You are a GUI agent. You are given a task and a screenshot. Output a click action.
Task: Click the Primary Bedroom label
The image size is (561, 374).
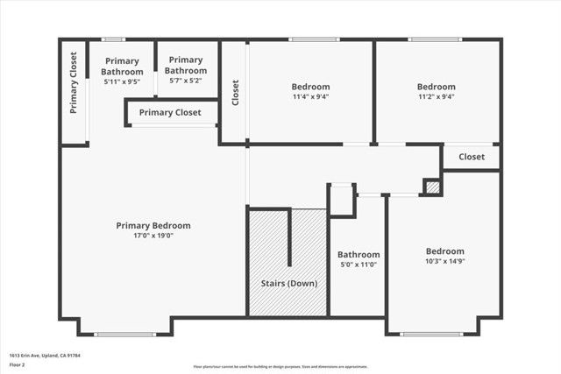point(153,225)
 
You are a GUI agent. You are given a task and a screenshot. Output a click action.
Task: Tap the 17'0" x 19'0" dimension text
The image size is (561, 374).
point(153,236)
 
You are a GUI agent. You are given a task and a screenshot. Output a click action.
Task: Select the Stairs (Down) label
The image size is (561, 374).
point(289,283)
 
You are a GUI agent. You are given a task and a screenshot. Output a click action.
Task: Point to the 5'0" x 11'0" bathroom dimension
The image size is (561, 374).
point(359,265)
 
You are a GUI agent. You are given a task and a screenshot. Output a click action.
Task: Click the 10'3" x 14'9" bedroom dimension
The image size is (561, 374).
point(445,261)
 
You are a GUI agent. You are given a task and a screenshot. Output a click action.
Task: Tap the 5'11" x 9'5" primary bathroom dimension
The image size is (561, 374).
point(122,81)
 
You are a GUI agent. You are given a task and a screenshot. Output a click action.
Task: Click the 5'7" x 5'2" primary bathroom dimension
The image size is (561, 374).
point(186,81)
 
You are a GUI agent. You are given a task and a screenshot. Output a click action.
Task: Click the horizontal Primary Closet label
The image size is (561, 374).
point(170,112)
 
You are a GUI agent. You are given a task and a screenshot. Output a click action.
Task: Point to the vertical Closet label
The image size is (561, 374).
point(235,93)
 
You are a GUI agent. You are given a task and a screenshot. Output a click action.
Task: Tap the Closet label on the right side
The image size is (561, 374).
point(472,157)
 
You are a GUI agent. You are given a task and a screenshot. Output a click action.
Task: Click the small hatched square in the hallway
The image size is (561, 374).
point(431,187)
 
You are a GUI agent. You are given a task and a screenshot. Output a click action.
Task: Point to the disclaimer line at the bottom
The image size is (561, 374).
point(280,367)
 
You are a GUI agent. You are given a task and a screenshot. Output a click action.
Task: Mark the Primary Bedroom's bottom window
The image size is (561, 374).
point(125,334)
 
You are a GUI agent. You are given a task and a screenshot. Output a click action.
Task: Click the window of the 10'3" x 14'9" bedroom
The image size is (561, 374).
point(431,334)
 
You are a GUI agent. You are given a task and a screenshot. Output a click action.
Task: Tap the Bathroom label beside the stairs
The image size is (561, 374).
point(359,254)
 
